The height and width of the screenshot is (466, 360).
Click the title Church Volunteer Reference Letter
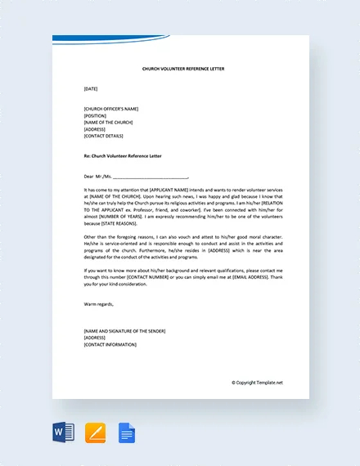pyautogui.click(x=182, y=69)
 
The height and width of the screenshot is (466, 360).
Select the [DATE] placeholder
pyautogui.click(x=90, y=88)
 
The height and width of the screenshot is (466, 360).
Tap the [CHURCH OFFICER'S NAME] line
pyautogui.click(x=110, y=108)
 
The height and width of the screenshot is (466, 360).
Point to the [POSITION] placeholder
pyautogui.click(x=95, y=115)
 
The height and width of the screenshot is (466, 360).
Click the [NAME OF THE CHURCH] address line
pyautogui.click(x=108, y=122)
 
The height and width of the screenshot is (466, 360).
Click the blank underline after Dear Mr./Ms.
pyautogui.click(x=151, y=176)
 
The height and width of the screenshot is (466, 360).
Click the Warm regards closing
pyautogui.click(x=99, y=304)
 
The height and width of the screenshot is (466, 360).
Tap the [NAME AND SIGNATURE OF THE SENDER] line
pyautogui.click(x=124, y=330)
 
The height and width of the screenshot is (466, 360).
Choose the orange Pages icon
pyautogui.click(x=96, y=432)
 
